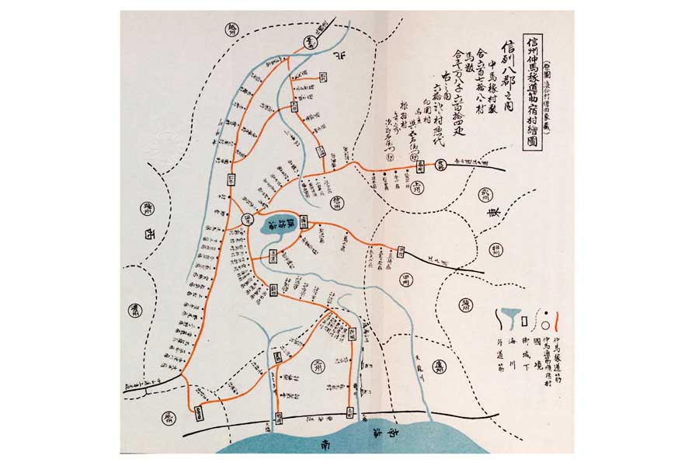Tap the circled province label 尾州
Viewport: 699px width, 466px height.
[x=169, y=417]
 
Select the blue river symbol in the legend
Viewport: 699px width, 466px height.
[x=506, y=317]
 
